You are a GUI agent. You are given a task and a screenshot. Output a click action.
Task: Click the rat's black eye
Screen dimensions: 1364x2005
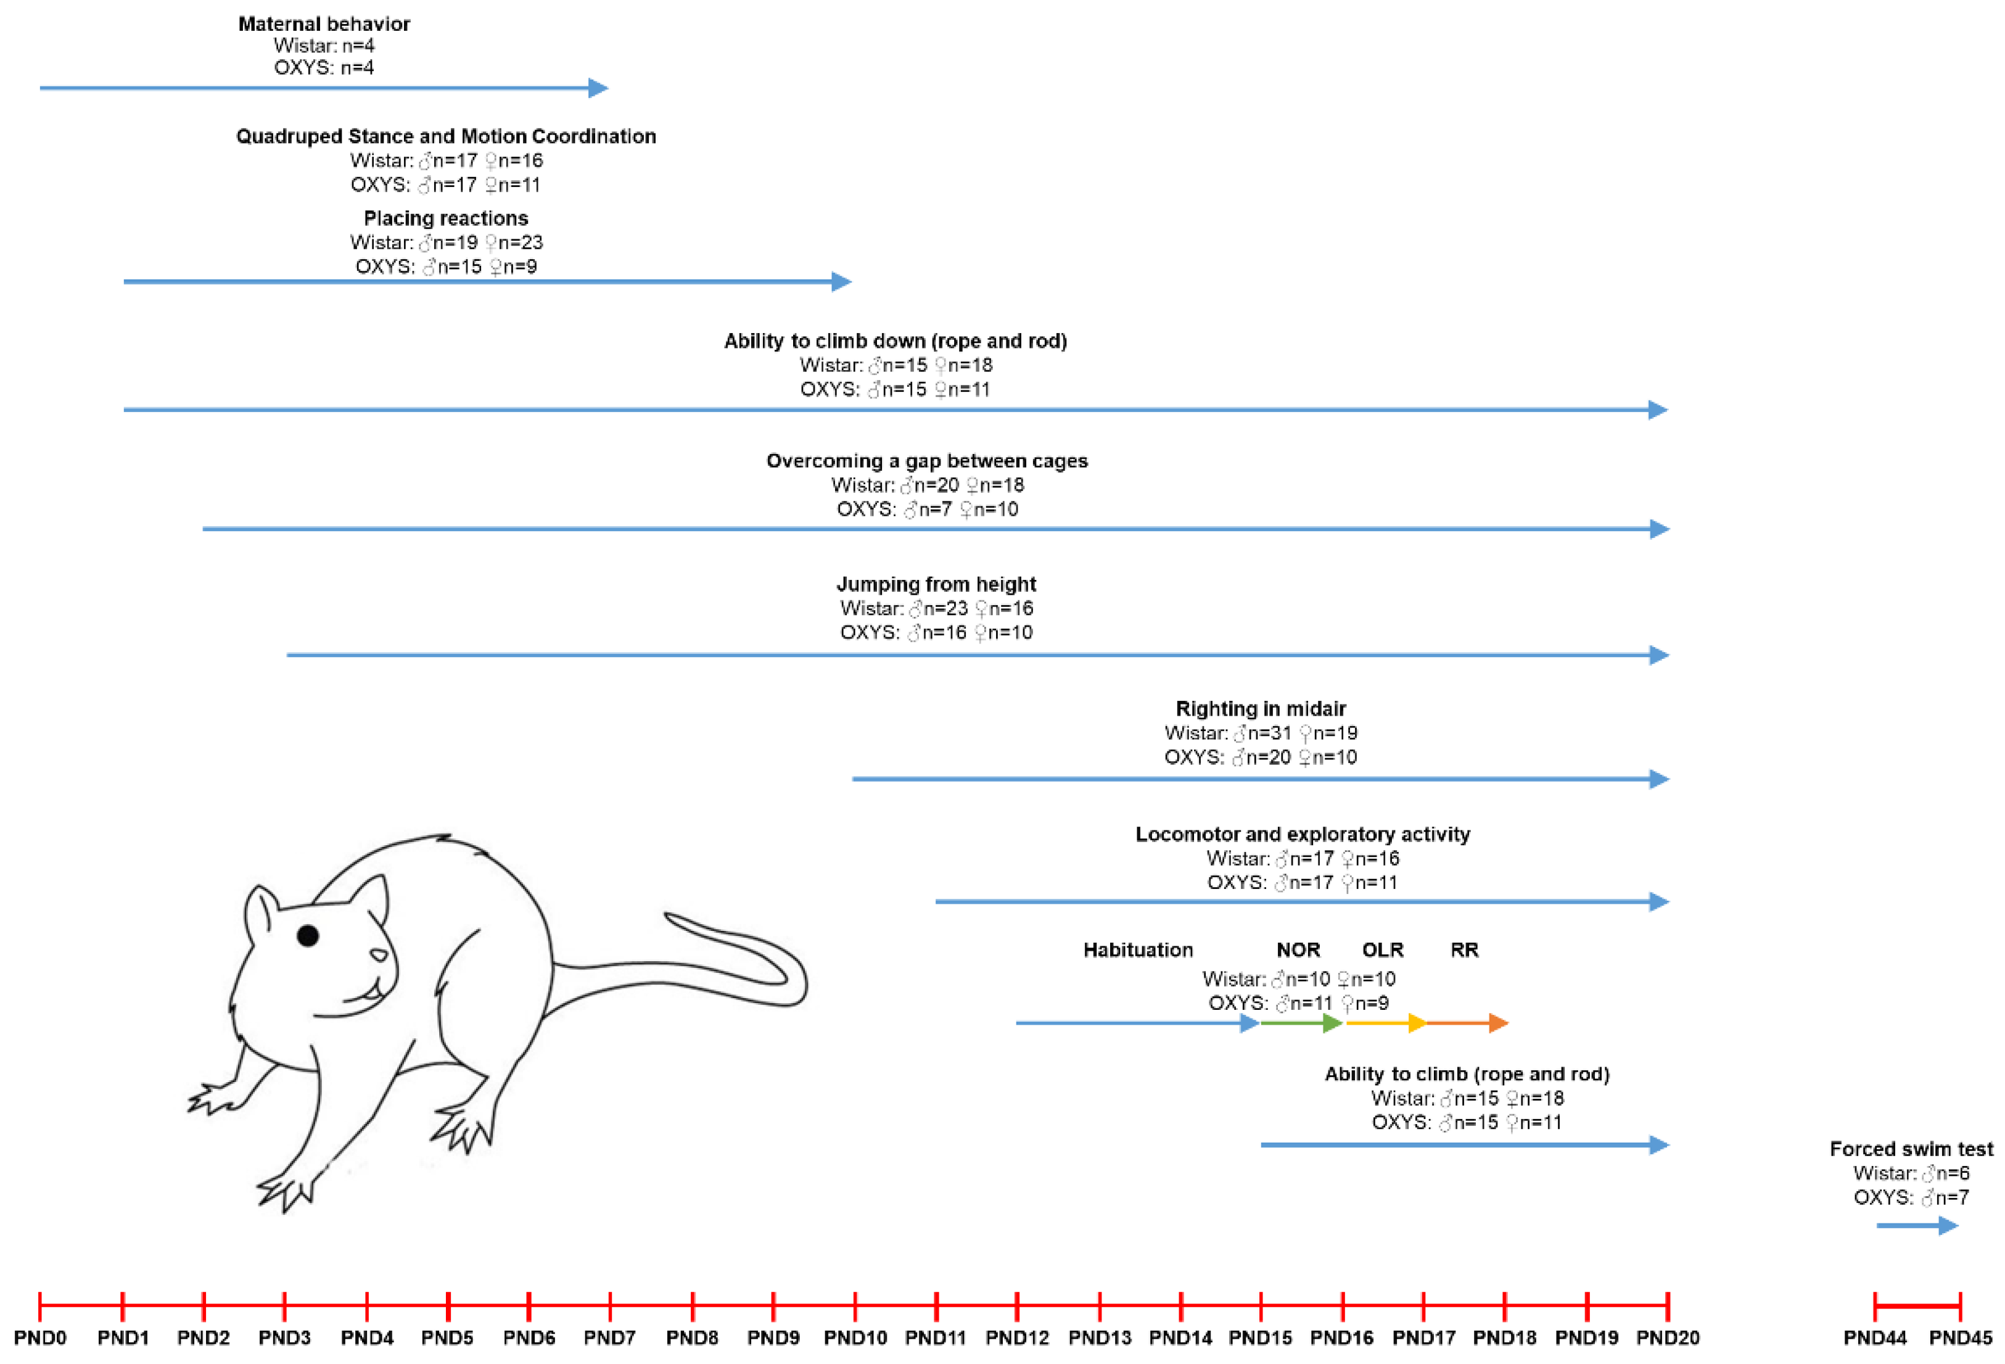[308, 935]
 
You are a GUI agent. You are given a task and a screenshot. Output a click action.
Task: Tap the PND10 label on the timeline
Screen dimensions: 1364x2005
[855, 1337]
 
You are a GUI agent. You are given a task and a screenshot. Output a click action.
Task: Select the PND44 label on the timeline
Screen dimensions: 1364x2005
[1875, 1337]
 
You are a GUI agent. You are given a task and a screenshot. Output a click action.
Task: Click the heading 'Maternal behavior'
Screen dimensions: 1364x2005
[324, 23]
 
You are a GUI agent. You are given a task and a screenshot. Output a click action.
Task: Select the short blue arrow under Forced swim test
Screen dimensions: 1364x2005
[1916, 1225]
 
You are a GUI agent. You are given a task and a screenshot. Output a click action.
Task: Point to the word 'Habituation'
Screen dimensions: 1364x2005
[1138, 950]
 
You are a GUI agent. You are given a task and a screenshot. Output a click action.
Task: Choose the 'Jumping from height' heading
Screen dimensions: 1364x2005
[936, 584]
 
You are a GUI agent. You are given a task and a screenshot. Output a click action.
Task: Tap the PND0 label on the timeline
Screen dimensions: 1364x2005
[39, 1337]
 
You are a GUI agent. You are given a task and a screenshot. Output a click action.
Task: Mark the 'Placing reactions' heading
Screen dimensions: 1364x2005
[445, 218]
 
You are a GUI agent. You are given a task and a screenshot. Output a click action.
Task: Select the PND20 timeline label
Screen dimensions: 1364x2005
[1668, 1337]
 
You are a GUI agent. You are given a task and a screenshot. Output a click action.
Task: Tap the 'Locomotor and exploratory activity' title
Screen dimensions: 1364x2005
[1302, 834]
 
